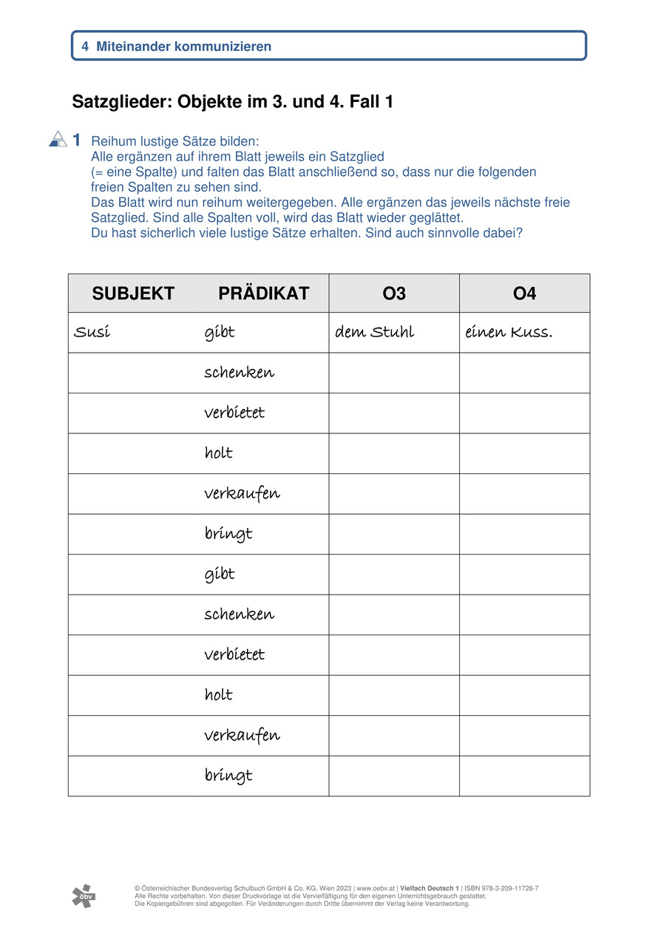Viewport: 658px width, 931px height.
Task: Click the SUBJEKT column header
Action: point(133,294)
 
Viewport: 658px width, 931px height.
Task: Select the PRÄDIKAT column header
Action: point(263,294)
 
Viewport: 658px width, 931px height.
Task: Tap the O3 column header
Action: point(394,294)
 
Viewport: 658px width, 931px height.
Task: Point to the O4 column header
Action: point(524,294)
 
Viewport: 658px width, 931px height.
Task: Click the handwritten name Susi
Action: point(92,332)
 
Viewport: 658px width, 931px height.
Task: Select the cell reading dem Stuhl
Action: point(374,332)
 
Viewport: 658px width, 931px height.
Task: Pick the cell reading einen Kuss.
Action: point(508,332)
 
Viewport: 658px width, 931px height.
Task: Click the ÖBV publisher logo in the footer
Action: point(83,895)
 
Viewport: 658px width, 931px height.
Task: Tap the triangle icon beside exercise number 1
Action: point(58,139)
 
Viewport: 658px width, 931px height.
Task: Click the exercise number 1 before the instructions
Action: point(77,140)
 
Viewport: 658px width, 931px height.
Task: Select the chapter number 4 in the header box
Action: point(85,47)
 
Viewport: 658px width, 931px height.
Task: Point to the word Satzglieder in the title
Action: point(121,102)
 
